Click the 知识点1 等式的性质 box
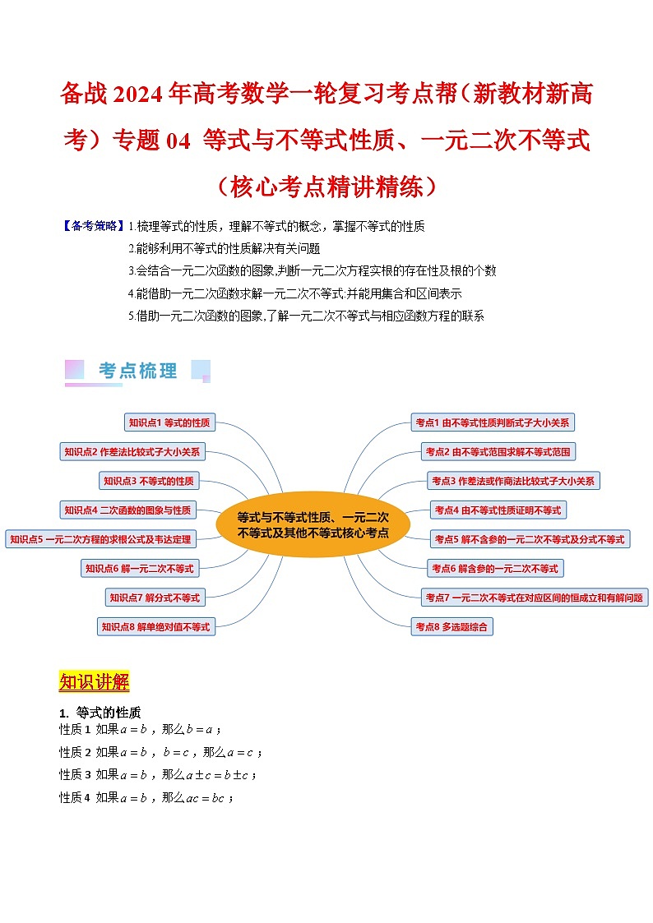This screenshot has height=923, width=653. (169, 423)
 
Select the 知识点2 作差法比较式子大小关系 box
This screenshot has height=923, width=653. (132, 451)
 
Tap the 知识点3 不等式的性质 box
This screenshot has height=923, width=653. (148, 481)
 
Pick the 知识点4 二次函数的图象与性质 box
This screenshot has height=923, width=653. (127, 510)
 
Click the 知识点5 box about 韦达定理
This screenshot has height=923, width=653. (100, 539)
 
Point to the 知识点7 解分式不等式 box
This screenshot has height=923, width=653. (155, 598)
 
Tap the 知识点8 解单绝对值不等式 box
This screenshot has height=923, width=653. (155, 627)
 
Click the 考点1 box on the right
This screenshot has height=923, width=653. (493, 422)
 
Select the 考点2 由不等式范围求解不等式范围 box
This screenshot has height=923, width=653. (498, 451)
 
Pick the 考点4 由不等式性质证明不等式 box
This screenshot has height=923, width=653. (498, 510)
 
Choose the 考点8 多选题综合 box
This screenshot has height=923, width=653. (452, 627)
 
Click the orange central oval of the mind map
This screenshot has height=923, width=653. (313, 524)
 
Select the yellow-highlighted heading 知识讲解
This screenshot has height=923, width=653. (95, 682)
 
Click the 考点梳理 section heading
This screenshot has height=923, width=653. (137, 372)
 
